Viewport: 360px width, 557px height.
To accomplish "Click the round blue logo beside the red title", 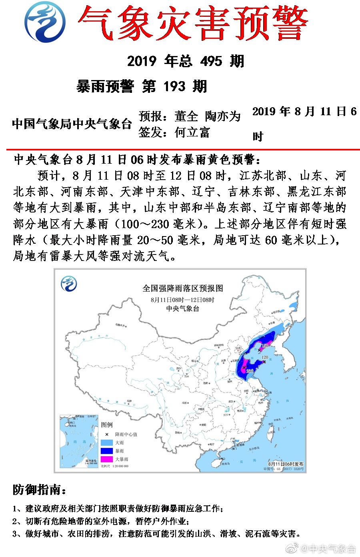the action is point(45,21).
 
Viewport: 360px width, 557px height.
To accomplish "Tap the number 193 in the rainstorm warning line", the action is point(174,86).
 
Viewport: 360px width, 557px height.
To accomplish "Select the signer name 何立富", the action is point(192,132).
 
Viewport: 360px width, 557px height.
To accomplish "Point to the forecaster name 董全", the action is point(186,116).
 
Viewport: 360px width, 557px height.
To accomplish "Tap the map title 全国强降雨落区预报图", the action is point(182,288).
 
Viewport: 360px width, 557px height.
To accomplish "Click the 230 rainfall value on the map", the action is point(250,371).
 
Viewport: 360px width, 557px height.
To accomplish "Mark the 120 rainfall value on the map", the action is point(264,357).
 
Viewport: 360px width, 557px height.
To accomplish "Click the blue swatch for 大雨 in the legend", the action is point(107,443).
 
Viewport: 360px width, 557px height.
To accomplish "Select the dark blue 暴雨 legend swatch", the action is point(107,451).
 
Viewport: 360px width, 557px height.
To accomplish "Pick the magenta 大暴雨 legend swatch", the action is point(107,459).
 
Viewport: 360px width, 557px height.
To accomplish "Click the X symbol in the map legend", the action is point(107,434).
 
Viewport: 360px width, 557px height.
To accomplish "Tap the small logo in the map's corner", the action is point(69,284).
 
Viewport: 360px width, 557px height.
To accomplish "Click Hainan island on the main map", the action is point(216,463).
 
